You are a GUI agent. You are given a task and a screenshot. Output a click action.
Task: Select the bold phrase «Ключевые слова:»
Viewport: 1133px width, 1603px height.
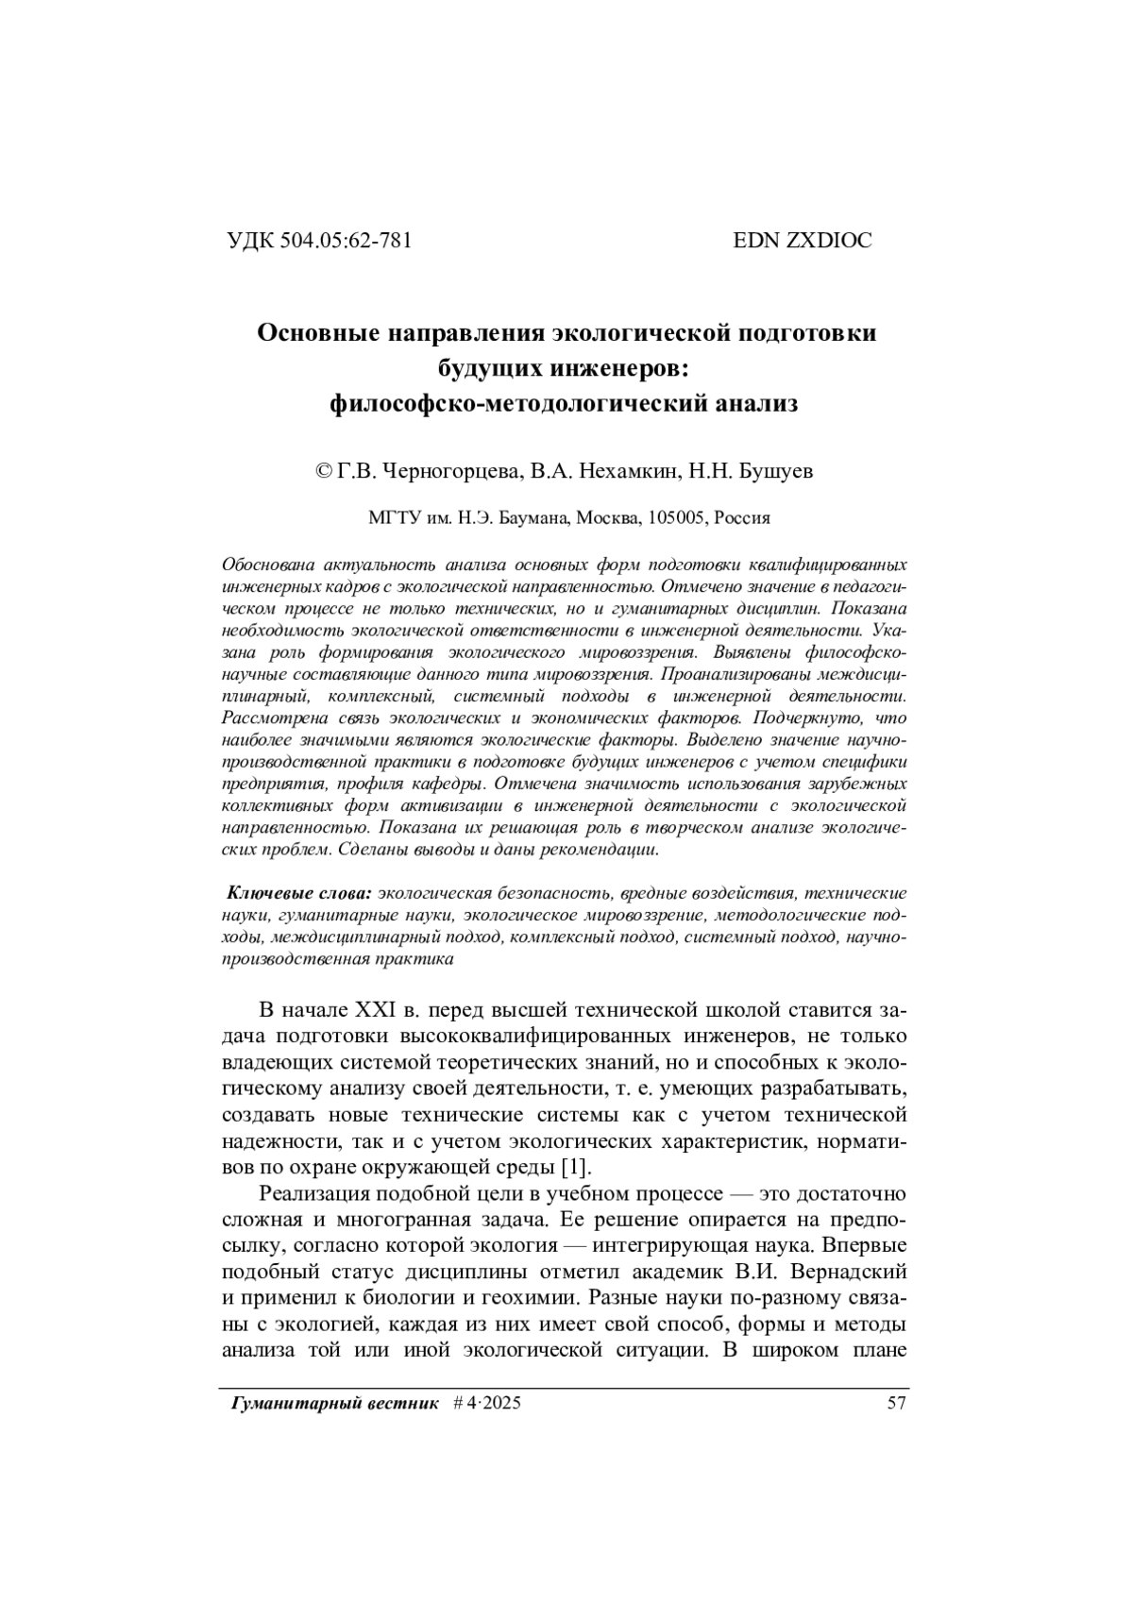(300, 893)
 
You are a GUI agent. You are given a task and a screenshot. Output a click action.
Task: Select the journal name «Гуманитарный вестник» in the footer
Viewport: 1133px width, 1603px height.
(335, 1404)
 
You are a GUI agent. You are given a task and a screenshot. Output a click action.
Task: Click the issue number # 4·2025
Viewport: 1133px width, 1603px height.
(487, 1404)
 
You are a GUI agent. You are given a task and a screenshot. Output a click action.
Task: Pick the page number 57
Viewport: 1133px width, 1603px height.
(897, 1404)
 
